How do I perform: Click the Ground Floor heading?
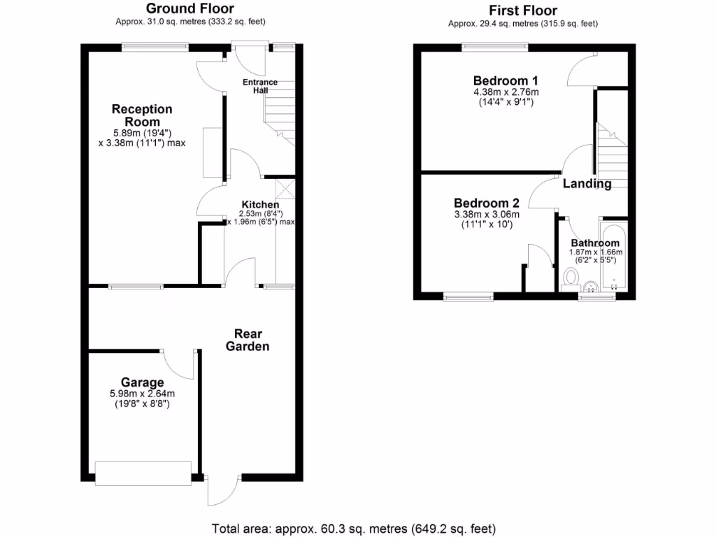pos(189,8)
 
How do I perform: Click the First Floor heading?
pos(522,10)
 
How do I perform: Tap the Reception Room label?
pos(142,115)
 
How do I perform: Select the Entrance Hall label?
pos(260,87)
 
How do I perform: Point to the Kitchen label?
pos(260,205)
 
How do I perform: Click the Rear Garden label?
pos(252,340)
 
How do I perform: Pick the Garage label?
pos(143,382)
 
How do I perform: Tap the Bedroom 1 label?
pos(506,80)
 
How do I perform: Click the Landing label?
pos(587,184)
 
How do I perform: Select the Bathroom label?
pos(594,243)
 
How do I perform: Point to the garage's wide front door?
pos(143,473)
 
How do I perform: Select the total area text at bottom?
pos(354,528)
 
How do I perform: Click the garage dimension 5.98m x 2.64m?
pos(142,394)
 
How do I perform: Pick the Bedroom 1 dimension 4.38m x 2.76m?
pos(506,92)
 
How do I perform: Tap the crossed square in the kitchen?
pos(285,189)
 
